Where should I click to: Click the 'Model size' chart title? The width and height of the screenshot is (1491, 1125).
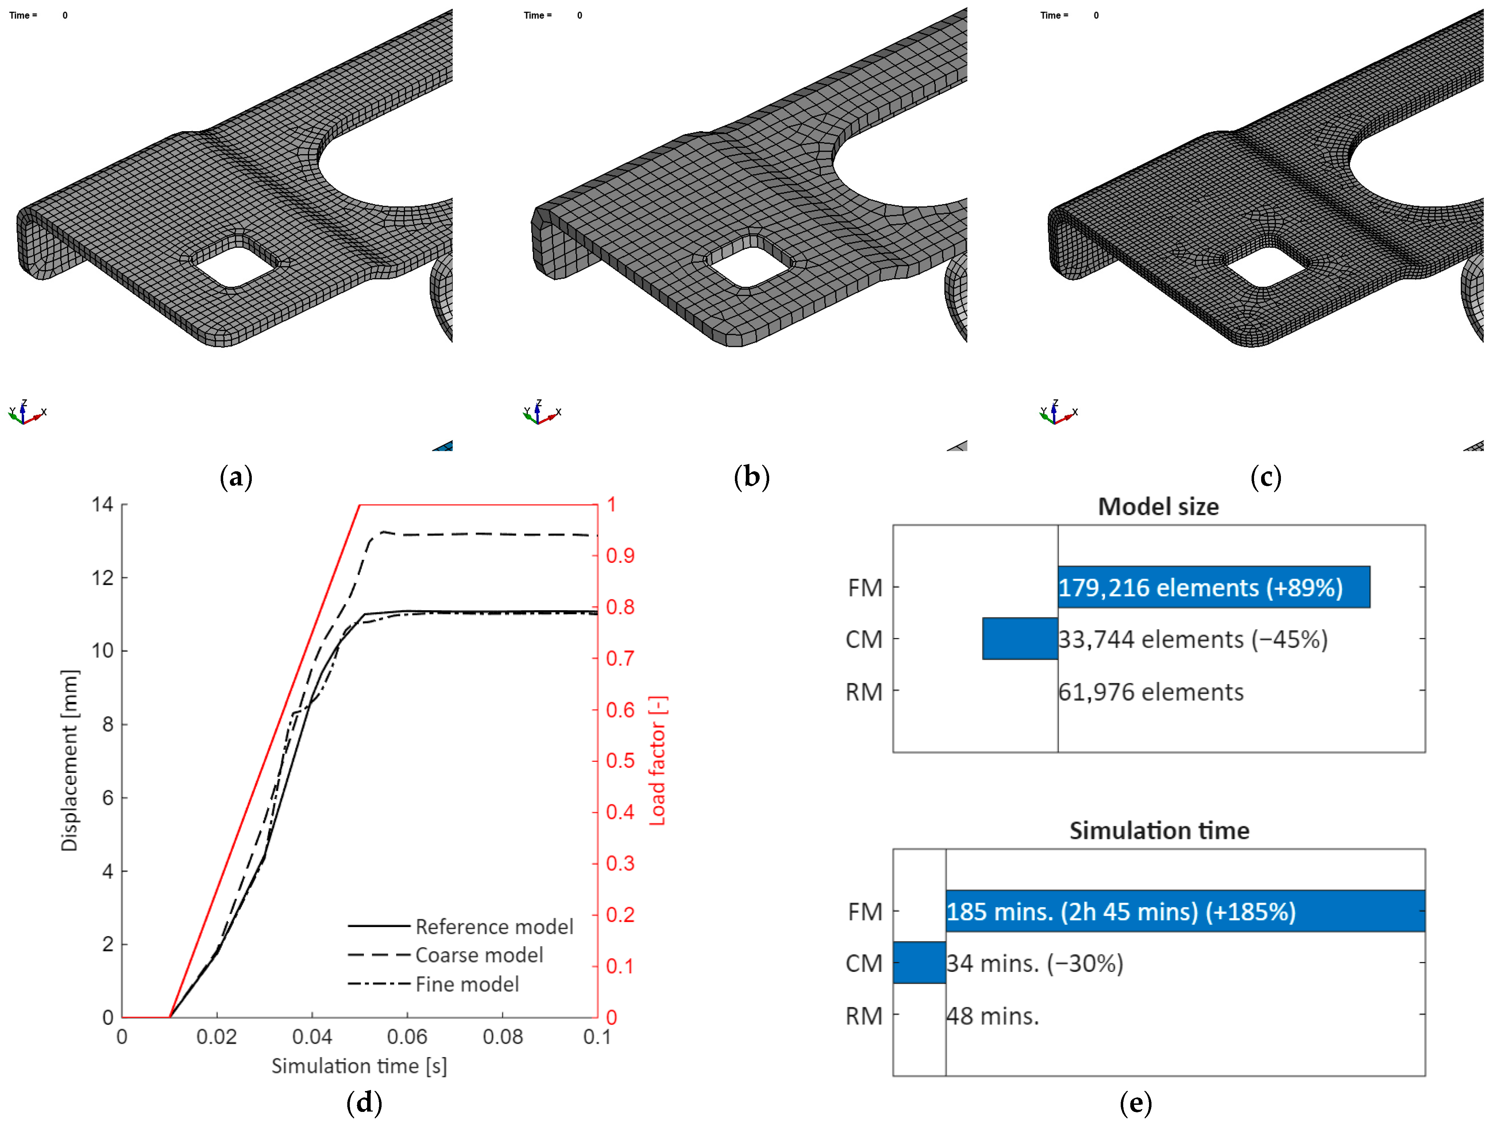point(1158,507)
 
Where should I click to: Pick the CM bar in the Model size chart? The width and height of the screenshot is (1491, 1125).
point(1020,638)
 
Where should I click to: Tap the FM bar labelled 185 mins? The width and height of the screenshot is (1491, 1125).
point(1185,911)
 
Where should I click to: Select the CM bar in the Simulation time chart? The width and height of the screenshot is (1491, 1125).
point(919,963)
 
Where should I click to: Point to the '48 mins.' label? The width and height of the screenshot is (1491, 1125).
point(993,1016)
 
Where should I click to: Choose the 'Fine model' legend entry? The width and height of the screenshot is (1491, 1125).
point(434,984)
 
